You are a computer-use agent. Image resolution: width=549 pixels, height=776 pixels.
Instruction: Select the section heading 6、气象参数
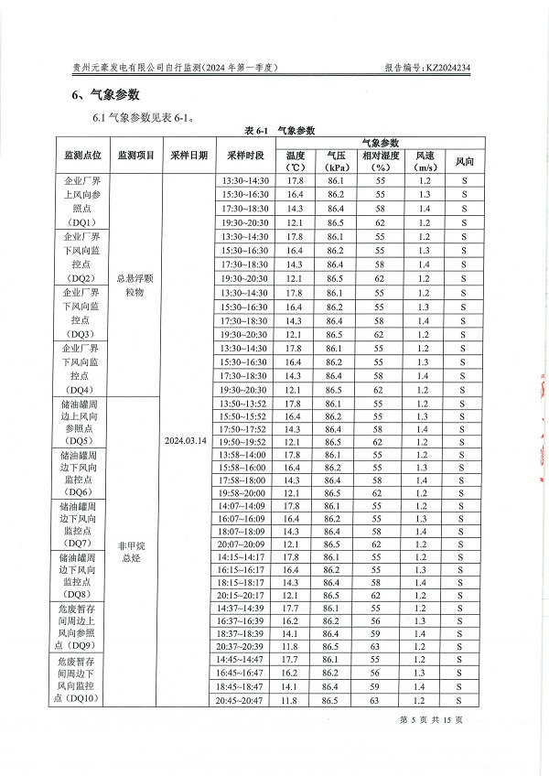coord(105,95)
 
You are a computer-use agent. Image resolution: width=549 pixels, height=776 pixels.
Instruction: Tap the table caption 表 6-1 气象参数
coord(279,131)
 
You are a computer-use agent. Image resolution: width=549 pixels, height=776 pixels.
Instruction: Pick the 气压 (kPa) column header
coord(335,161)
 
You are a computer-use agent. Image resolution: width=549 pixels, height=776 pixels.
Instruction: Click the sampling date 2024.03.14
coord(186,440)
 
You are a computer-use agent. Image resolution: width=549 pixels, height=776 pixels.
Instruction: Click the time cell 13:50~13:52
coord(245,404)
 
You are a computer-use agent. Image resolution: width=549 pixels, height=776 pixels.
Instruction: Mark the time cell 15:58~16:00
coord(245,468)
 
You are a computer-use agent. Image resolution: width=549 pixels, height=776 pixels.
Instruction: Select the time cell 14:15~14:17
coord(245,556)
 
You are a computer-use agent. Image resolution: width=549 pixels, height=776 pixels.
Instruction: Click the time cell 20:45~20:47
coord(245,700)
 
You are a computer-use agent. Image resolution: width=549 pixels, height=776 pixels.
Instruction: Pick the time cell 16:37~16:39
coord(245,620)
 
